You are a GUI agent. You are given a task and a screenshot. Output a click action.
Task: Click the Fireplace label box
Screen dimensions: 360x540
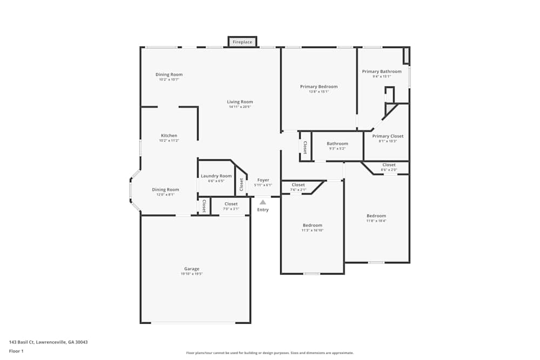point(242,42)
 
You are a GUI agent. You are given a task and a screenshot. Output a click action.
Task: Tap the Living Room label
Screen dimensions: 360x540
point(240,102)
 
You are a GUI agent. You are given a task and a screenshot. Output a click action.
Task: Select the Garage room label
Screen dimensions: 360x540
point(192,269)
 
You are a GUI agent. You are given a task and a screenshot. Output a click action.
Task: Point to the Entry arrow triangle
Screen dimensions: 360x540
point(263,202)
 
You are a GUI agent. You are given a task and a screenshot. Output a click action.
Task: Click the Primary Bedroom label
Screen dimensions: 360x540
point(319,86)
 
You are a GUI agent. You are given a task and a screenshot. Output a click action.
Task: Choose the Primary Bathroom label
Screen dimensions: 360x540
point(382,71)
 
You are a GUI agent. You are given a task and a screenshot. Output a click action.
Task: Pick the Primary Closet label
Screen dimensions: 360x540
point(388,136)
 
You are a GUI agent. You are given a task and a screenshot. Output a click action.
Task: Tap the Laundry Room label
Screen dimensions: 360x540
point(216,176)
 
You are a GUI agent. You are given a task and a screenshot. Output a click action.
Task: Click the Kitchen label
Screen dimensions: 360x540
point(169,135)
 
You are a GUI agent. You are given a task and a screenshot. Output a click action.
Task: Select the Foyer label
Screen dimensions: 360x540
point(263,180)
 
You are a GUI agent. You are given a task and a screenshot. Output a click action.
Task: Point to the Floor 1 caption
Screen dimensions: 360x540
point(16,351)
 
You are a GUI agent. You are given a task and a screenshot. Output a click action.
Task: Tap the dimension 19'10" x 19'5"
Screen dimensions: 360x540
point(192,274)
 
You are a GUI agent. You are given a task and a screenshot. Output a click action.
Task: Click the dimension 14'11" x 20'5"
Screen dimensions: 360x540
point(240,107)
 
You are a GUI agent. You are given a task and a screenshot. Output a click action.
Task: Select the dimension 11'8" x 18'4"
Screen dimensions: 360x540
point(376,221)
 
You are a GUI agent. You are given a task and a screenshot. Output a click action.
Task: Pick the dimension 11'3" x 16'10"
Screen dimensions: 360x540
point(312,230)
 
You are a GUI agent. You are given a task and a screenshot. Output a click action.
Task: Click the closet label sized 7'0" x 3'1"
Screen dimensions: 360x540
point(231,204)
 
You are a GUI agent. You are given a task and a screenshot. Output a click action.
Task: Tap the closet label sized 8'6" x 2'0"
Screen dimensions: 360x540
point(389,165)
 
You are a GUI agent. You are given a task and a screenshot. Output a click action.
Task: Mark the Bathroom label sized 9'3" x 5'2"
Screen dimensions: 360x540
point(337,144)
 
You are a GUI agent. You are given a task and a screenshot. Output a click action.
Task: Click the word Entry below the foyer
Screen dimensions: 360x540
point(263,210)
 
